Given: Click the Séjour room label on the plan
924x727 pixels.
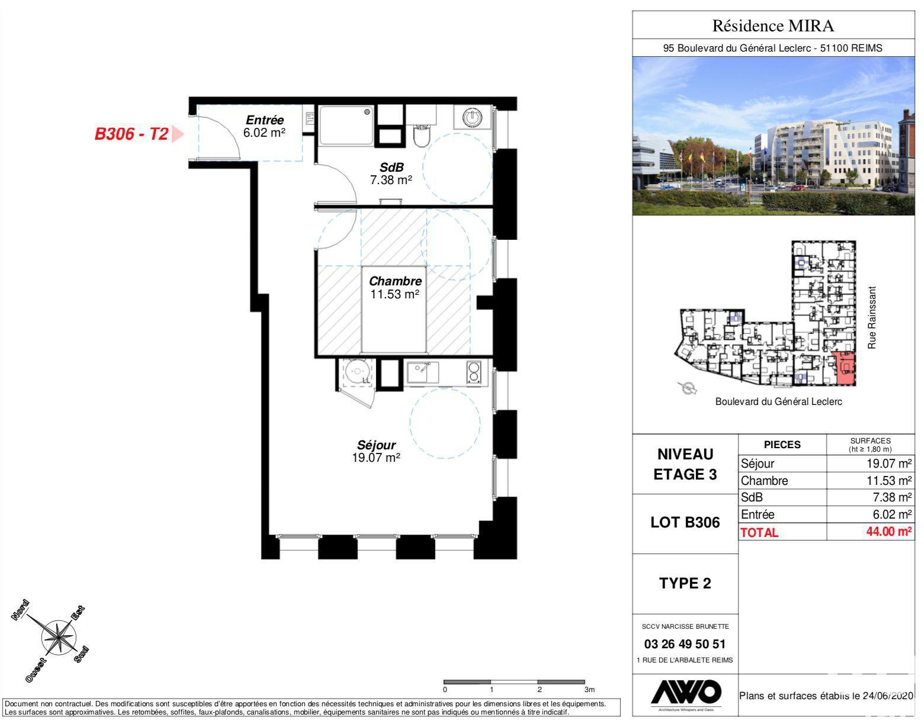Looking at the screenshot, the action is [x=376, y=445].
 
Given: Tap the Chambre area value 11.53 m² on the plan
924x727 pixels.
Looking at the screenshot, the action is [x=394, y=294].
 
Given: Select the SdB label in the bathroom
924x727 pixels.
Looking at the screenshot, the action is [x=391, y=168].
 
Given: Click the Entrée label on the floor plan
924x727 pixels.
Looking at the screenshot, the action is [x=265, y=120].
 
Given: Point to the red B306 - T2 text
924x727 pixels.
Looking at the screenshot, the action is [x=131, y=134].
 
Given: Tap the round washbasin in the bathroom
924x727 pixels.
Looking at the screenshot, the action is [x=472, y=117].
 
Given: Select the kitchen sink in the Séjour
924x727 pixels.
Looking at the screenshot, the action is [x=423, y=372].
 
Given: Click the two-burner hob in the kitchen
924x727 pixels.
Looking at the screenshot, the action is [x=474, y=372].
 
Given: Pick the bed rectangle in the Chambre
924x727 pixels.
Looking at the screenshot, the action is [x=394, y=310].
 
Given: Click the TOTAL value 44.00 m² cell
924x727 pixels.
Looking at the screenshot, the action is [x=888, y=531].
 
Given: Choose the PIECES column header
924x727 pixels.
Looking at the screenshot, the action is [x=782, y=445].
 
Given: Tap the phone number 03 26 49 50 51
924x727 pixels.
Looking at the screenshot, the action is [x=685, y=644].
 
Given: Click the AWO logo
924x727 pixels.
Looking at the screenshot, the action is [x=686, y=692].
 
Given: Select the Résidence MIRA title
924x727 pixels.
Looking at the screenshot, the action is [x=774, y=25].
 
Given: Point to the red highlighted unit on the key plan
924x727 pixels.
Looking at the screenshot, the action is [x=843, y=368].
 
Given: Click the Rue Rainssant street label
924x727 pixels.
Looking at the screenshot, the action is [x=871, y=317].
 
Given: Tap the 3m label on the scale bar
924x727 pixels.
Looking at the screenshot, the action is [x=589, y=690].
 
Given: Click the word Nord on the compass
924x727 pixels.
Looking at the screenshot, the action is [x=20, y=610].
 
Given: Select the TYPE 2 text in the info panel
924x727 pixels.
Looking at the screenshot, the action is [x=685, y=583].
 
